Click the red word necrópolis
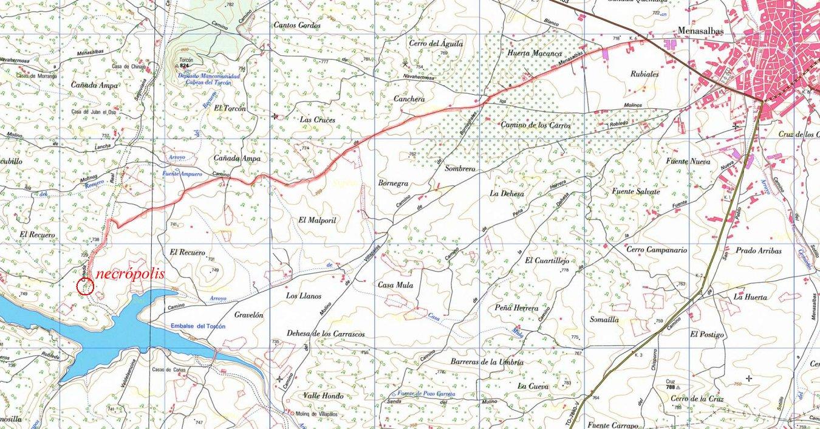[x=130, y=274]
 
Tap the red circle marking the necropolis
[x=86, y=287]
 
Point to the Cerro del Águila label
[x=436, y=44]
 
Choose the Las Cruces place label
[x=317, y=120]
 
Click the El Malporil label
[x=317, y=221]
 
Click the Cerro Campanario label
[x=656, y=250]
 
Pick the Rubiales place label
[x=644, y=74]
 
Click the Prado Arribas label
[x=758, y=250]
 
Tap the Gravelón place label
[x=248, y=315]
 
